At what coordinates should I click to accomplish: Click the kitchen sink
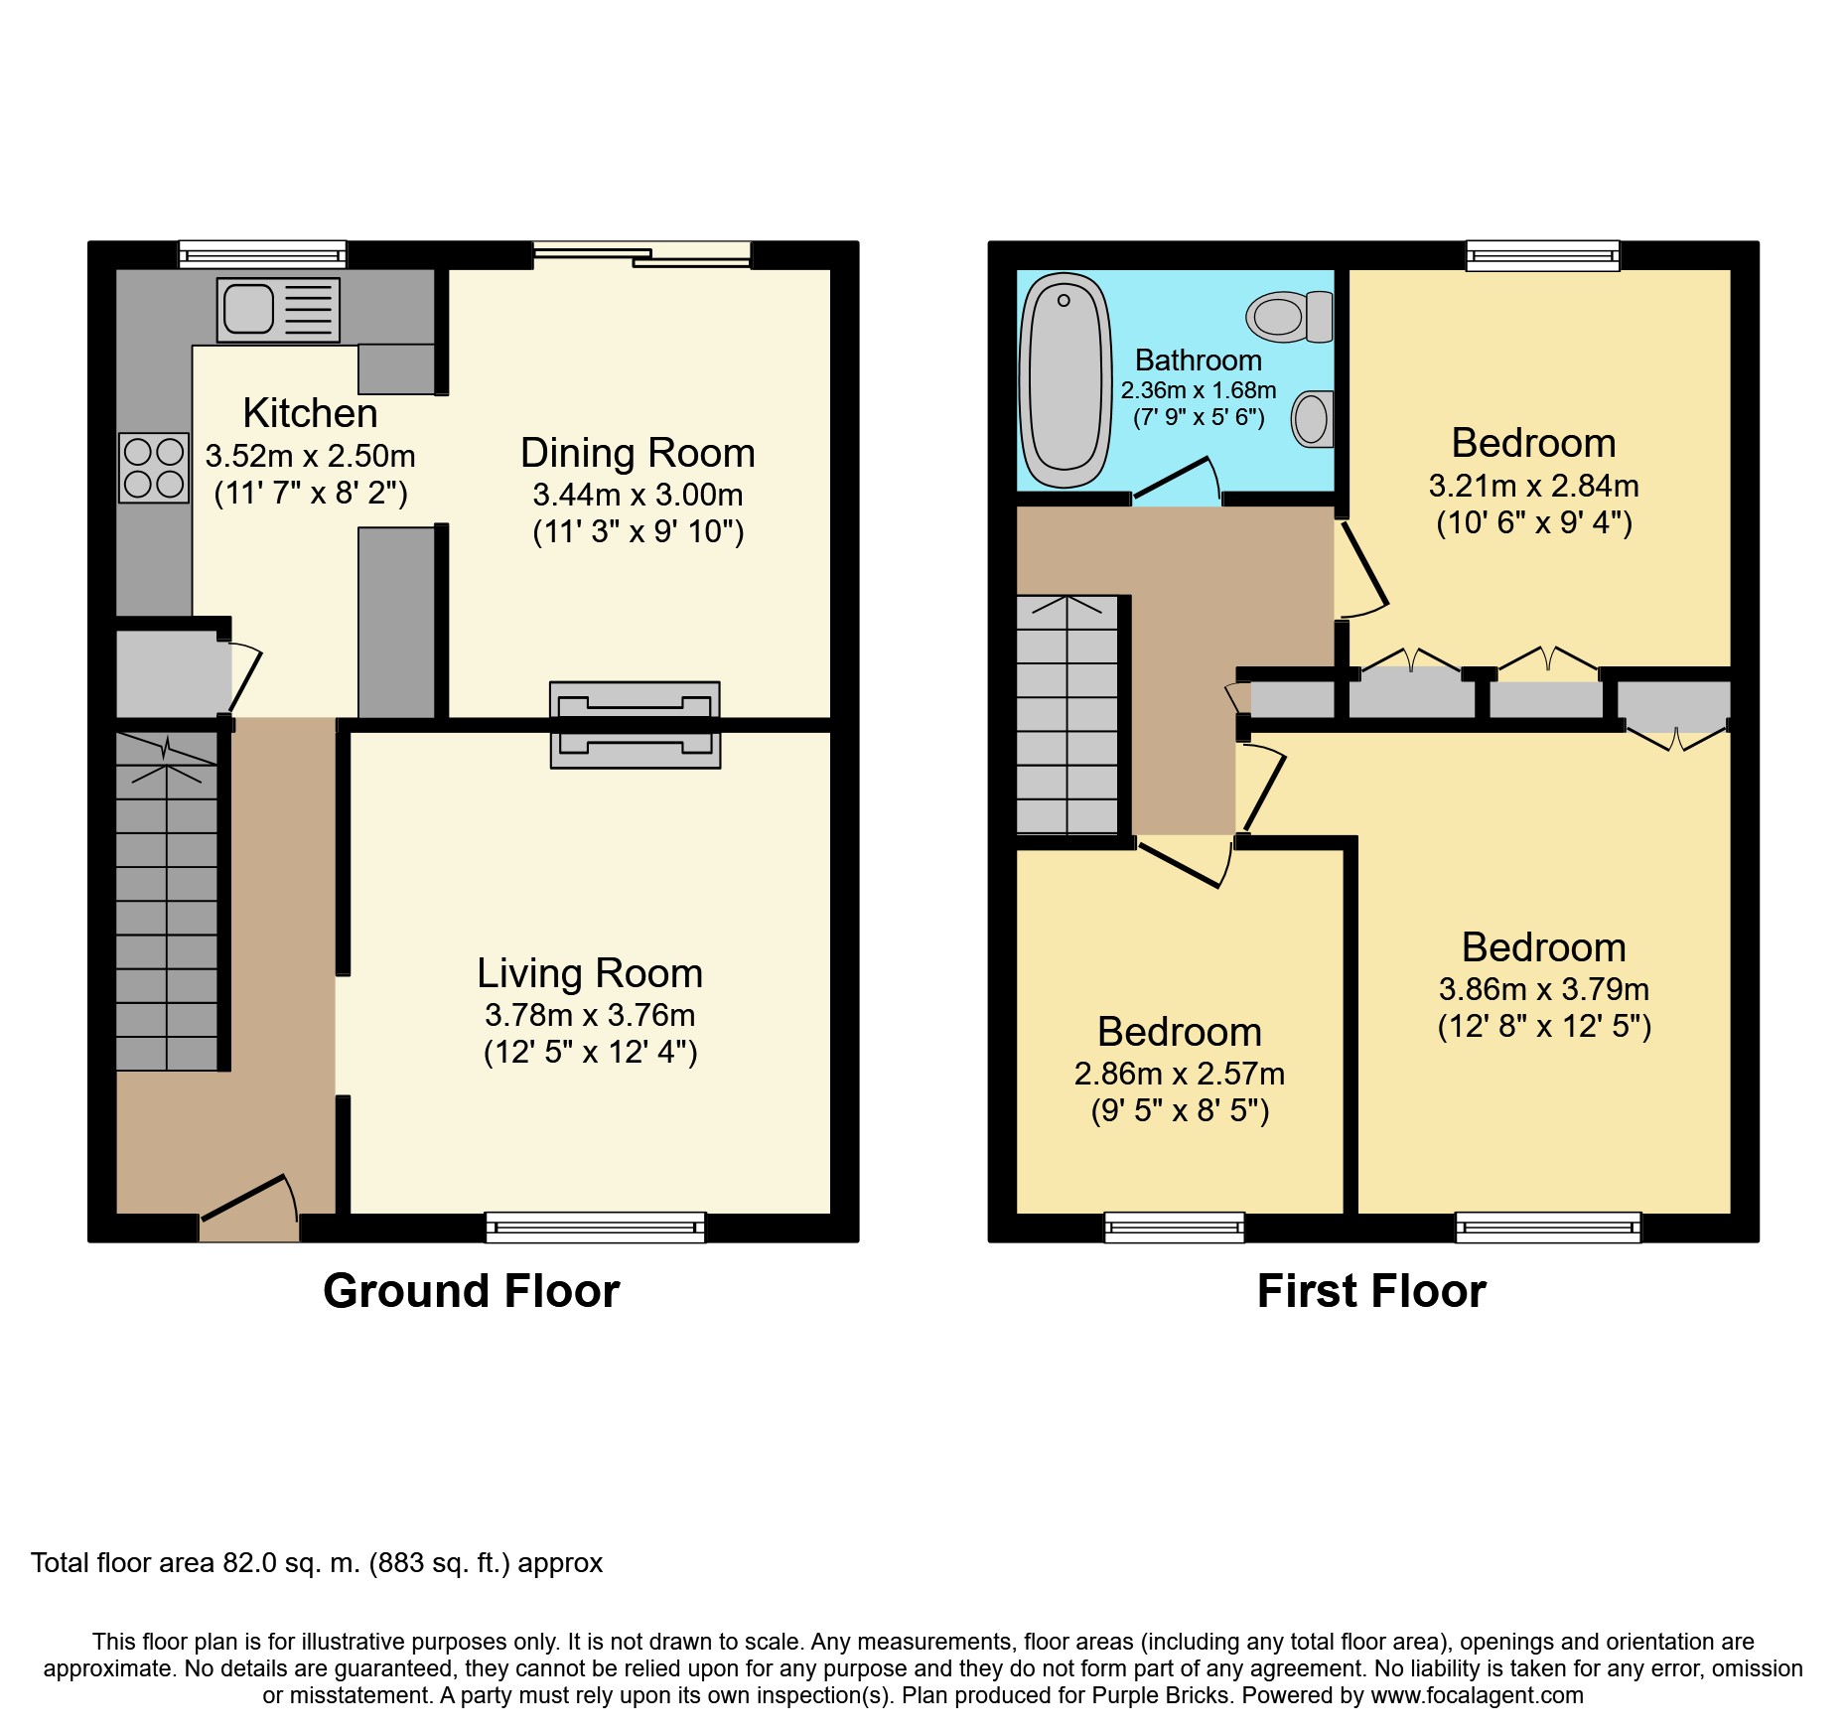(278, 310)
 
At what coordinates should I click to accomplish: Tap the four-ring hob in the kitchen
(154, 468)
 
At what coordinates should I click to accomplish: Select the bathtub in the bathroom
(1066, 380)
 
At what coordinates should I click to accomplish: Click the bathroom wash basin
(1313, 418)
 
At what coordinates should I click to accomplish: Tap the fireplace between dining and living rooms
(636, 725)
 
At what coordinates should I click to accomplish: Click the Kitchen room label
(310, 413)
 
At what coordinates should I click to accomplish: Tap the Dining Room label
(638, 453)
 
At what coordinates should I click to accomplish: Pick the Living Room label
(590, 973)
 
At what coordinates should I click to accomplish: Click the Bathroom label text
(1199, 360)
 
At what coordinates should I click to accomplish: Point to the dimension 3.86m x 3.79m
(1544, 989)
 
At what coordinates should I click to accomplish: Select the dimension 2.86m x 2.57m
(1180, 1074)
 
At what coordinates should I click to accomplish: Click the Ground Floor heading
(472, 1291)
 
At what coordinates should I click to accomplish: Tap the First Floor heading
(1371, 1291)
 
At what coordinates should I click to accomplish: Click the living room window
(596, 1228)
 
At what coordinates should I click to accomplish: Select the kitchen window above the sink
(263, 254)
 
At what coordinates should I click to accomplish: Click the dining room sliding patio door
(642, 254)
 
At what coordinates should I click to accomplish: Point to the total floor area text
(317, 1563)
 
